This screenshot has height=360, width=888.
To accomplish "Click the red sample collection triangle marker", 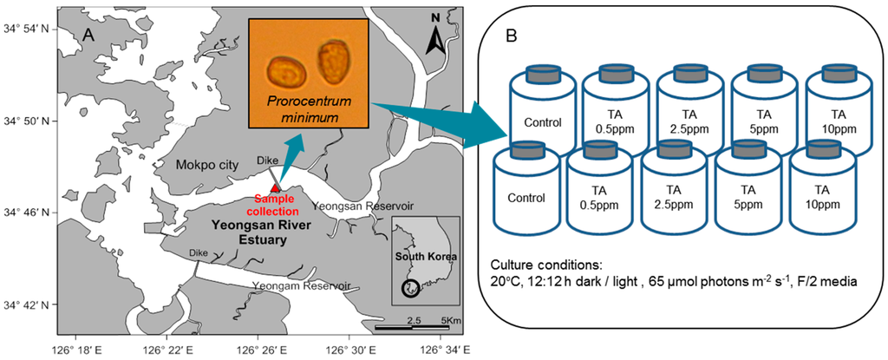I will (x=275, y=187).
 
